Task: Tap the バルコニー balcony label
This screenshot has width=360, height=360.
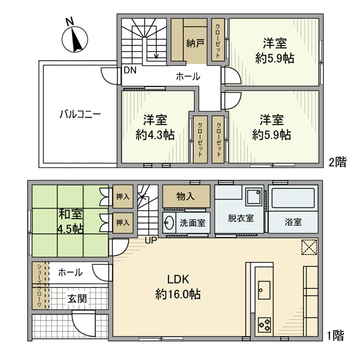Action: coord(79,114)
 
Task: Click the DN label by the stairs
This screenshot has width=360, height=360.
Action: coord(130,70)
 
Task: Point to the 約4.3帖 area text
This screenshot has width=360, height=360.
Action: coord(155,135)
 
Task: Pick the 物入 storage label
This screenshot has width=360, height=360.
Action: coord(186,195)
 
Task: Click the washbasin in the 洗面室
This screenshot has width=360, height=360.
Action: coord(170,223)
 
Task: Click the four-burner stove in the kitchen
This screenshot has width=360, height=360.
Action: coord(265,323)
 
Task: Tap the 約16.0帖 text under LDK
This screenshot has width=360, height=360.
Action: coord(178,295)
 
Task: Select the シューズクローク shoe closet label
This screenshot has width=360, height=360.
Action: coord(39,285)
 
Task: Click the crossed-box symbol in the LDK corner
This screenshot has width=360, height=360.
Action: coord(309,247)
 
